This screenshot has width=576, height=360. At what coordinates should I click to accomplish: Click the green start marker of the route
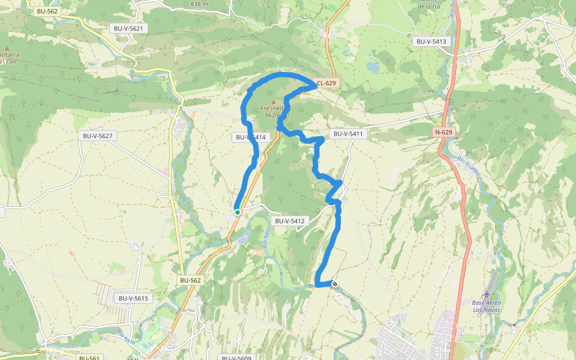point(238,212)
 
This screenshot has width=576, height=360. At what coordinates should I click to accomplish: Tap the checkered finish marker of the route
point(335,284)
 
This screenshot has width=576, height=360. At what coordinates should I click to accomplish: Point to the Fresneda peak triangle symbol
point(274,102)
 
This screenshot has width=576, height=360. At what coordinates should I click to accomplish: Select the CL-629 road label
point(327,83)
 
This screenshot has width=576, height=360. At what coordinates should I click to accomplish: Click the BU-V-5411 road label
point(347,133)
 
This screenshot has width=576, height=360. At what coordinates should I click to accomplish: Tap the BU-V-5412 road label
point(290,221)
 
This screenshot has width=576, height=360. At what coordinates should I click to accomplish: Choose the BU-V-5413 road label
point(431,41)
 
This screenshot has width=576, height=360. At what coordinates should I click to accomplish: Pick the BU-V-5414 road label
point(250,137)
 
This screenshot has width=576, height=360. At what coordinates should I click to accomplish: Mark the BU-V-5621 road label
point(129,28)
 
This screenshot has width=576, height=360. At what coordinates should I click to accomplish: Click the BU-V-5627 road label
point(97,136)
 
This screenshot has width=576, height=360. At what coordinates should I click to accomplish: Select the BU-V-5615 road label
point(133,298)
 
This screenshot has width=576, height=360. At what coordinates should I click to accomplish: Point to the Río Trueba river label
point(469,163)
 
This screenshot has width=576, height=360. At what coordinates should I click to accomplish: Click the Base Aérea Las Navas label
point(486,306)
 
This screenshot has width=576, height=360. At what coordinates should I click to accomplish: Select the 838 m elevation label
point(199,4)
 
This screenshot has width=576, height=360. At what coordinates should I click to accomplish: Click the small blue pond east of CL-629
point(373,67)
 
